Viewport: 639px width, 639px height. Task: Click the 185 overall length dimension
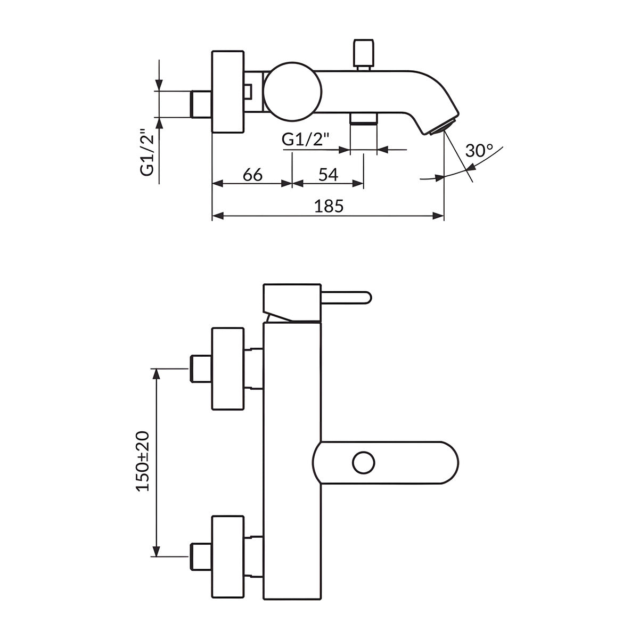pos(329,206)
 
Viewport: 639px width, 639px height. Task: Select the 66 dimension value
pos(252,175)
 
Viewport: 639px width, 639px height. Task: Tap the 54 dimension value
pos(329,175)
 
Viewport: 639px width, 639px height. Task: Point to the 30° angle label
pos(479,151)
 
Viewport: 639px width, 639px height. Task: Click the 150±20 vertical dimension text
pos(143,461)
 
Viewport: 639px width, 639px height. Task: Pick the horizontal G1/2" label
pos(306,140)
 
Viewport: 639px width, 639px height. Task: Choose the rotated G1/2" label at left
pos(147,152)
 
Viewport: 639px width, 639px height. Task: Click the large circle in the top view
pos(292,91)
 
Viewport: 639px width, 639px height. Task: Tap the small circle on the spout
pos(364,463)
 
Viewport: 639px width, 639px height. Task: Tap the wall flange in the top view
pos(228,92)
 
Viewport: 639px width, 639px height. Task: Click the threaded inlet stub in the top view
pos(201,104)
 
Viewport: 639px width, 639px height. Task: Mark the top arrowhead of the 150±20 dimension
pos(156,374)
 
